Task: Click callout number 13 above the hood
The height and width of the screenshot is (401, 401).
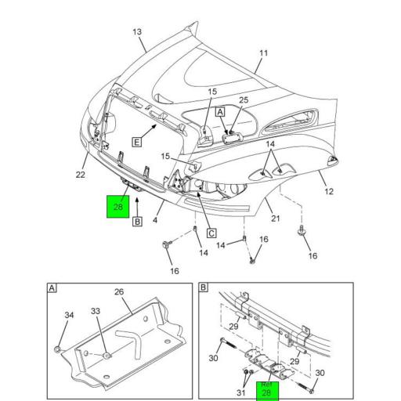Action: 137,32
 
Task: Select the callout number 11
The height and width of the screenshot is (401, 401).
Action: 263,53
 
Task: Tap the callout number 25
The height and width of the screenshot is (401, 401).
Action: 244,100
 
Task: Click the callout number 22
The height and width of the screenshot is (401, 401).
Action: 80,175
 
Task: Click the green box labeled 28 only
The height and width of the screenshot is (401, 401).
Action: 118,208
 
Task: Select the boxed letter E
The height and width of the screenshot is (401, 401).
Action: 135,142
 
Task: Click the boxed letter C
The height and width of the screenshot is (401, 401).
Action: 211,233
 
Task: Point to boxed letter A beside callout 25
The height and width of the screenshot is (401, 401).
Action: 220,112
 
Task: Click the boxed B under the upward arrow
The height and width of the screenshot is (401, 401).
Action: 137,222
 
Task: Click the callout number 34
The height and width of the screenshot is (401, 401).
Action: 68,316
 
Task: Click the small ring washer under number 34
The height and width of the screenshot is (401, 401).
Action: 60,347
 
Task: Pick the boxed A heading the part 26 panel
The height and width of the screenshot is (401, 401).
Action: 52,288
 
